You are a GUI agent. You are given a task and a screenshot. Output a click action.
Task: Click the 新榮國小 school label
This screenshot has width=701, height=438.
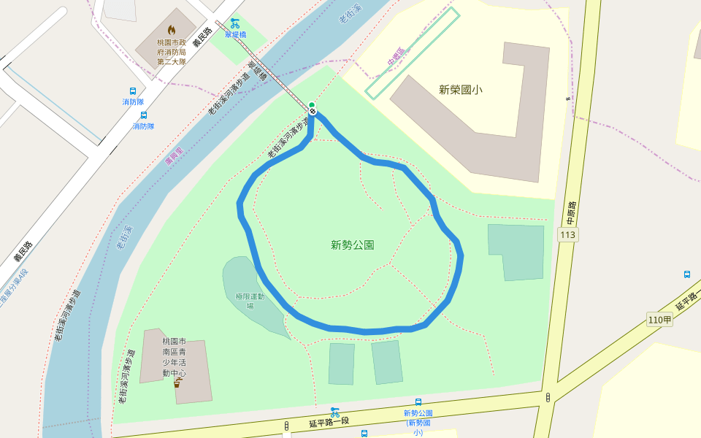point(460,90)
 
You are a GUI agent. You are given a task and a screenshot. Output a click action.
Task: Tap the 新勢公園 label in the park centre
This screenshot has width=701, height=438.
point(353,245)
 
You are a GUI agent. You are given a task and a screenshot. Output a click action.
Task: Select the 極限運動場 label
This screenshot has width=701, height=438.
point(250,300)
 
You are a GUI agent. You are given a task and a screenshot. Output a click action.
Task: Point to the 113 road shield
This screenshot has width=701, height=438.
point(567,234)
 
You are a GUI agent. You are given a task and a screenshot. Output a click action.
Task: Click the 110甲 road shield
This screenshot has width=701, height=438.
point(659,319)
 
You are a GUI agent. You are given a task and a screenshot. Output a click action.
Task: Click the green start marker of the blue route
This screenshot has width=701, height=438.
point(312,104)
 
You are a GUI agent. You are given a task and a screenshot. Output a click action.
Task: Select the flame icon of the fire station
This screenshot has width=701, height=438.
point(172,30)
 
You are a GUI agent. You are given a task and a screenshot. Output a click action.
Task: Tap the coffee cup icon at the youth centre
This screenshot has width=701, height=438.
point(177,383)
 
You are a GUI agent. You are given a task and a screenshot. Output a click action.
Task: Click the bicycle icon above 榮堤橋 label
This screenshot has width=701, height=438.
point(234,23)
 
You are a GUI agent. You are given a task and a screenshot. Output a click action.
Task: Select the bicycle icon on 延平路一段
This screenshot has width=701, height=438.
point(334,412)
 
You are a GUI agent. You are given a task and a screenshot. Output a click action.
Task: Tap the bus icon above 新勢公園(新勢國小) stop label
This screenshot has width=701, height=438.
point(418,402)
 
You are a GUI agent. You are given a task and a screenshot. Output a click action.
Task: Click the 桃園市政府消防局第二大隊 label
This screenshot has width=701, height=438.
point(172,52)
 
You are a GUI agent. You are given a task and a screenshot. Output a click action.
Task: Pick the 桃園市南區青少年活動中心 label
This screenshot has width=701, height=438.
point(175,358)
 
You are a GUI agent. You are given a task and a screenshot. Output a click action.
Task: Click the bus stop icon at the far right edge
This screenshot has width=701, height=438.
point(687,274)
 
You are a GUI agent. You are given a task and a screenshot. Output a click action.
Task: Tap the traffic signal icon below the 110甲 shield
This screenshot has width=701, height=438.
point(548,397)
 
